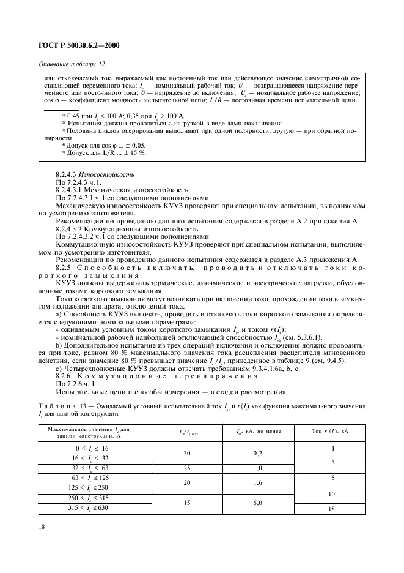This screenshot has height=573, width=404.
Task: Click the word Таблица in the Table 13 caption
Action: click(x=56, y=406)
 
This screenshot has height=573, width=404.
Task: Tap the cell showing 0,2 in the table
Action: click(x=258, y=454)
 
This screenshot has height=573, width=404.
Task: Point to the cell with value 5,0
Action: click(x=258, y=503)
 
